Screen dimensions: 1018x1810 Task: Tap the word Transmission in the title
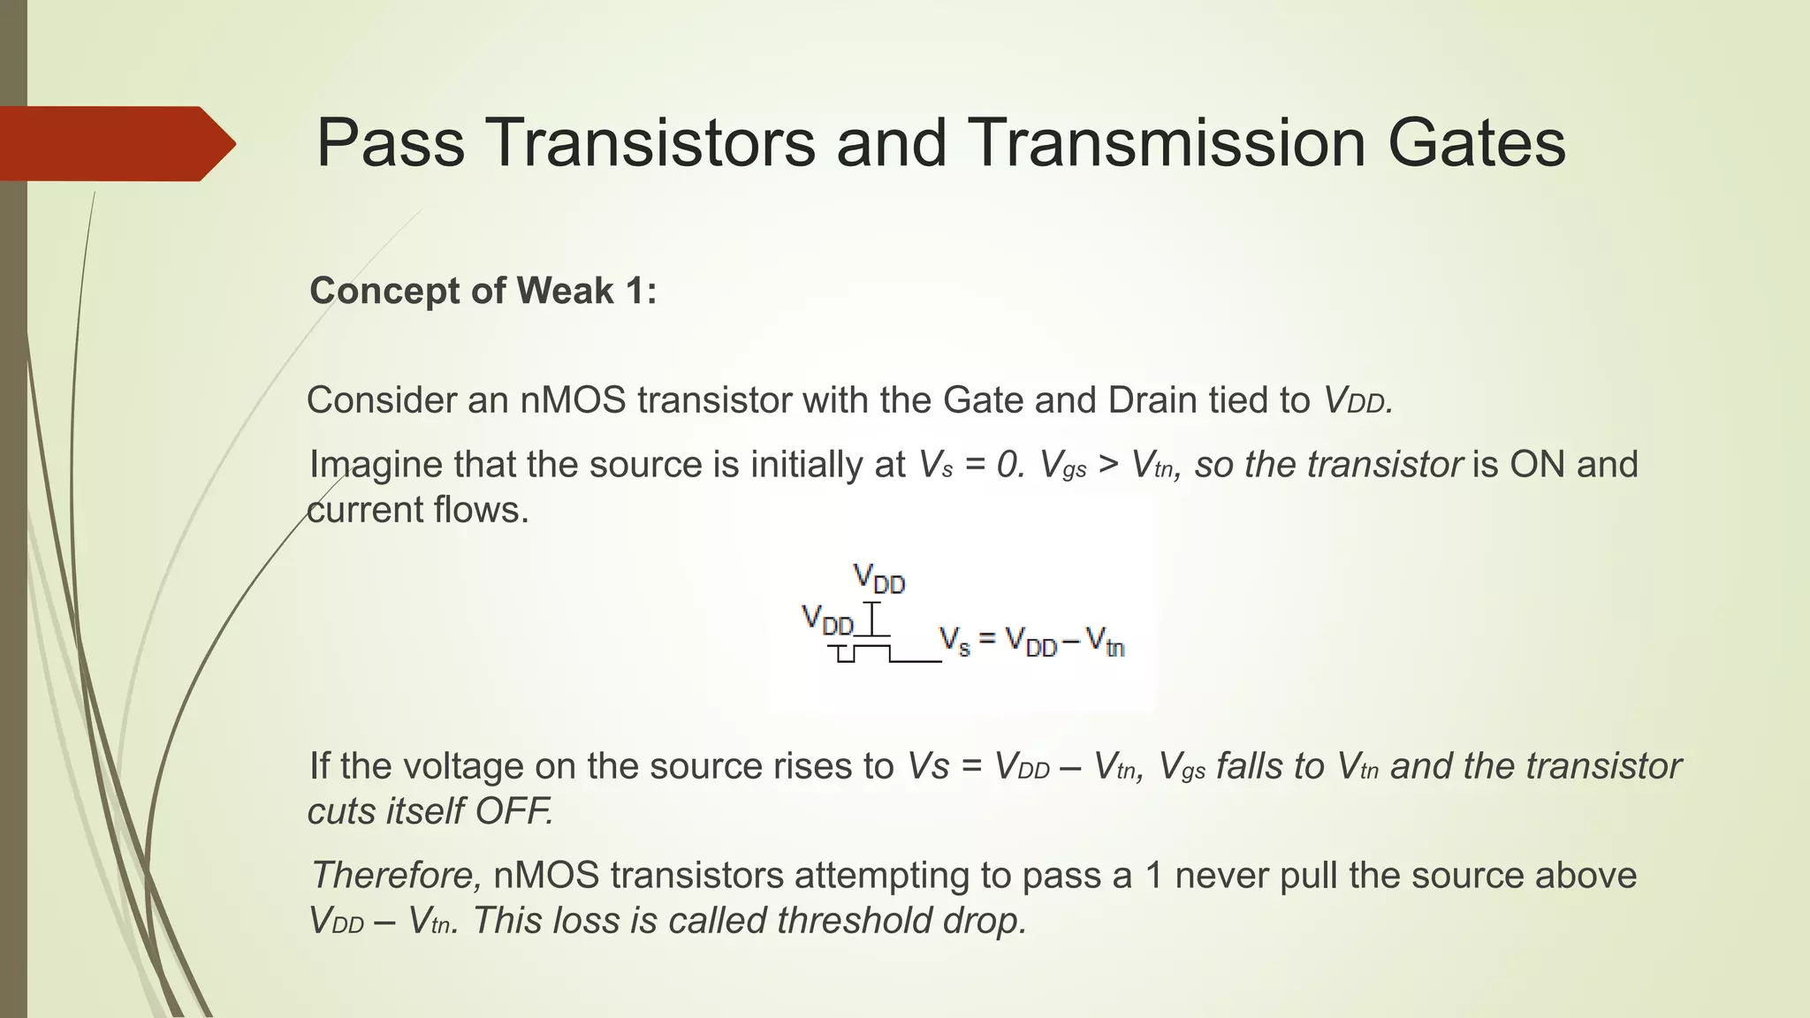[x=1167, y=143]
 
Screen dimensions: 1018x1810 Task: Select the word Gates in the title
[x=1477, y=143]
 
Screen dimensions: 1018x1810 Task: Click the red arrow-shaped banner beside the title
[x=115, y=143]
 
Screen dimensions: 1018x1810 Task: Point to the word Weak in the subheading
[x=564, y=291]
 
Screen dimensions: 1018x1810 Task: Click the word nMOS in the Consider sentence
[x=573, y=400]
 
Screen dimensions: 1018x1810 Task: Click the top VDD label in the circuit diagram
[x=878, y=579]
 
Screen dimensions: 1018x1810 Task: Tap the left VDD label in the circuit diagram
[x=826, y=620]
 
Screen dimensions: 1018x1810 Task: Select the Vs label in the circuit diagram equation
[x=954, y=640]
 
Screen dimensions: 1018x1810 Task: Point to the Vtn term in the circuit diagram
[x=1105, y=642]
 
